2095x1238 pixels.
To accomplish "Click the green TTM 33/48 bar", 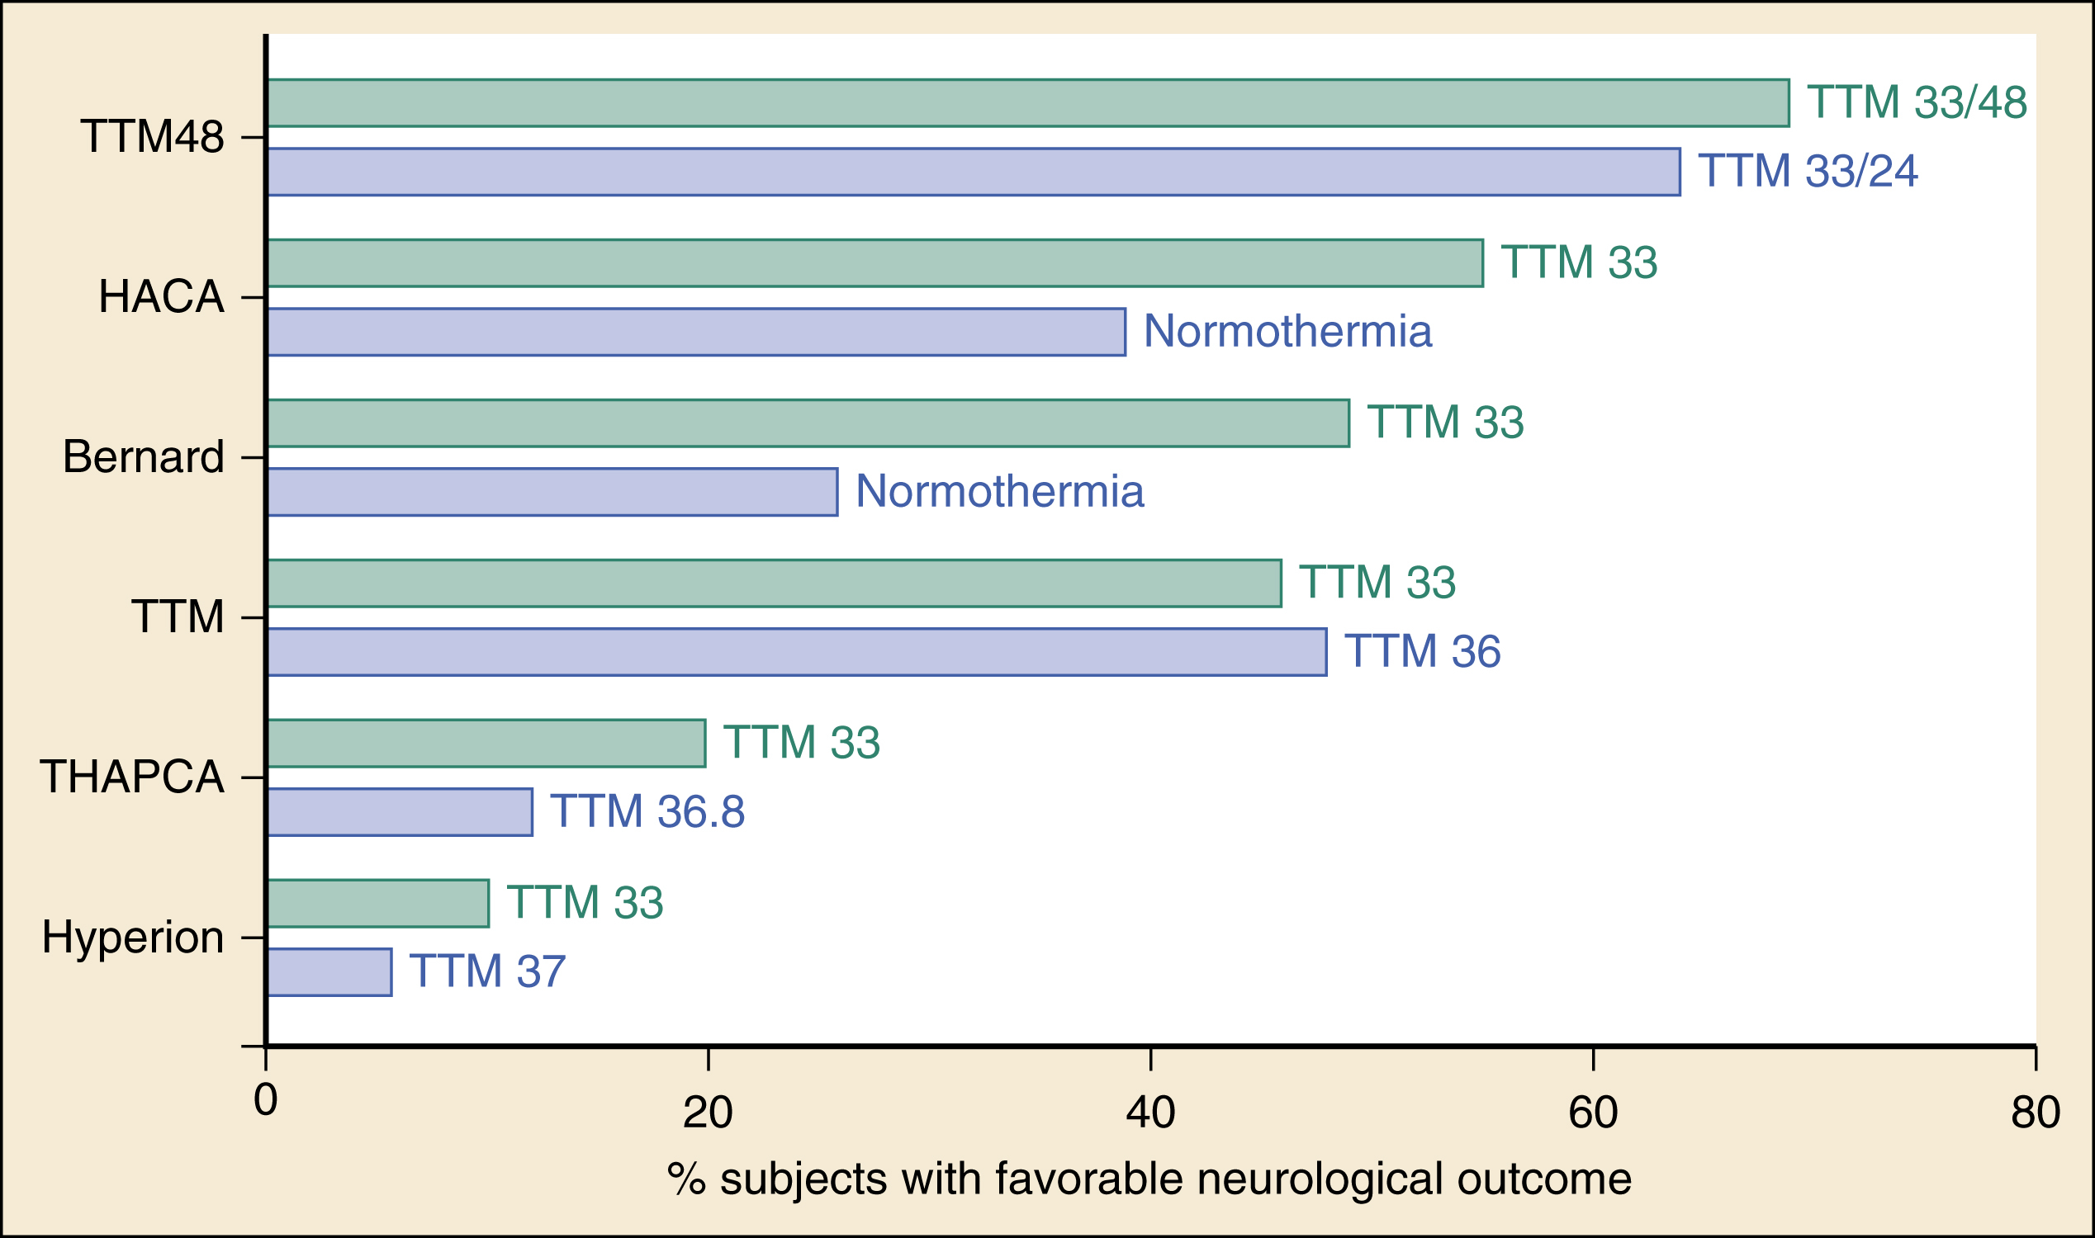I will [x=1026, y=102].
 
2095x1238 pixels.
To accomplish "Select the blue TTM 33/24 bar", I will [x=973, y=172].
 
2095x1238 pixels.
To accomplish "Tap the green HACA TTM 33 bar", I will [x=874, y=262].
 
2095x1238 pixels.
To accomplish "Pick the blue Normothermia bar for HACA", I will [x=695, y=332].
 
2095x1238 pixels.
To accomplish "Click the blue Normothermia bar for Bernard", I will [x=551, y=492].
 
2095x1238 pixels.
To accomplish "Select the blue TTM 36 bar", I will [x=795, y=651].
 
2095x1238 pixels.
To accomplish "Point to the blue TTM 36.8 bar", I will [x=399, y=811].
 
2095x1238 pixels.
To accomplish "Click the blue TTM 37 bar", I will [x=328, y=972].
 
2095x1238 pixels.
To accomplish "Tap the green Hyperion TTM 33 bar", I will [x=377, y=904].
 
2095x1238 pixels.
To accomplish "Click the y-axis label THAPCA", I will [x=132, y=777].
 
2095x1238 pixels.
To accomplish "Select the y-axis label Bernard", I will [x=144, y=457].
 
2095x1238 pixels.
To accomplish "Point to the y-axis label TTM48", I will [x=152, y=137].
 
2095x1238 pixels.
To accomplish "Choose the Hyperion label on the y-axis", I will [x=133, y=937].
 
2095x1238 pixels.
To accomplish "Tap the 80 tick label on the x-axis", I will [x=2035, y=1113].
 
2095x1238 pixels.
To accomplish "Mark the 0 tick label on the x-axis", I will [x=265, y=1099].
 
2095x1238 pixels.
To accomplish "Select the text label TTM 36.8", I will [x=647, y=811].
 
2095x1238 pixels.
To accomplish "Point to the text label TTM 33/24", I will [x=1807, y=171].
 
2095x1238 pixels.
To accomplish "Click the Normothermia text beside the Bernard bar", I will [x=999, y=491].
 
